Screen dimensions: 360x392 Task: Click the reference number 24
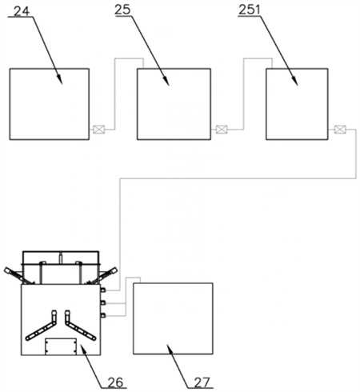pos(22,11)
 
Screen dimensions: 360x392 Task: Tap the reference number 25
pos(122,10)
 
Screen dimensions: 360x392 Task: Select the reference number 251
pos(249,10)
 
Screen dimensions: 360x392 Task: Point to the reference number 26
pos(115,382)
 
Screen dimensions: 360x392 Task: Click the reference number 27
pos(202,382)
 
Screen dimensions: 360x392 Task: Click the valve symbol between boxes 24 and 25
pos(98,130)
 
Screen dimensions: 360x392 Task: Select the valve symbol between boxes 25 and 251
pos(222,130)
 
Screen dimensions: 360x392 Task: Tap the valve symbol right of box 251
pos(340,130)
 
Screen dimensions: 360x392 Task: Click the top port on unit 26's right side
pos(103,290)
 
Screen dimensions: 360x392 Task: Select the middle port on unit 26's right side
pos(103,302)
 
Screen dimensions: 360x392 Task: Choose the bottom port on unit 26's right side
pos(103,315)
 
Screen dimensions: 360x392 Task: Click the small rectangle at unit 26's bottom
pos(61,346)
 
